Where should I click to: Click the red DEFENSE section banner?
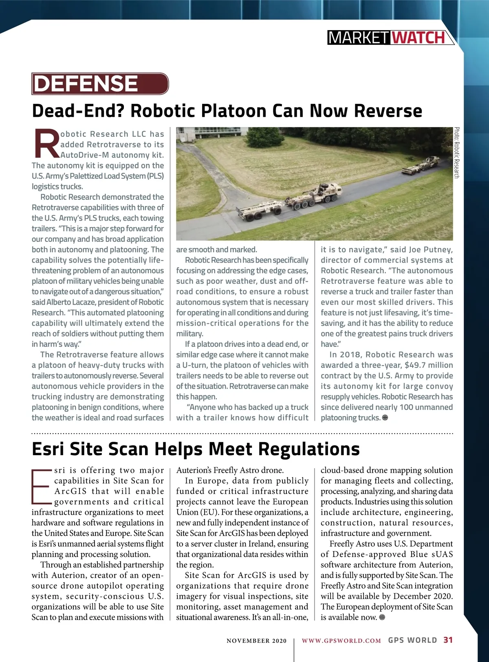coord(100,83)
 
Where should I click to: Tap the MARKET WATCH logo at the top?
coord(390,38)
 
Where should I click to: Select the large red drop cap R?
coord(46,144)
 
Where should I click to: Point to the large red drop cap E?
coord(42,486)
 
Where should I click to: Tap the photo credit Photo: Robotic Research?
coord(457,153)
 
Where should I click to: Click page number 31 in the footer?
coord(448,640)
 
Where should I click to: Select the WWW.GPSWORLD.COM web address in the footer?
coord(341,640)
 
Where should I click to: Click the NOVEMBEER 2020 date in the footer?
coord(256,641)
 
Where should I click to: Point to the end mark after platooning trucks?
coord(385,418)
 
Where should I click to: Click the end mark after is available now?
coord(382,617)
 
